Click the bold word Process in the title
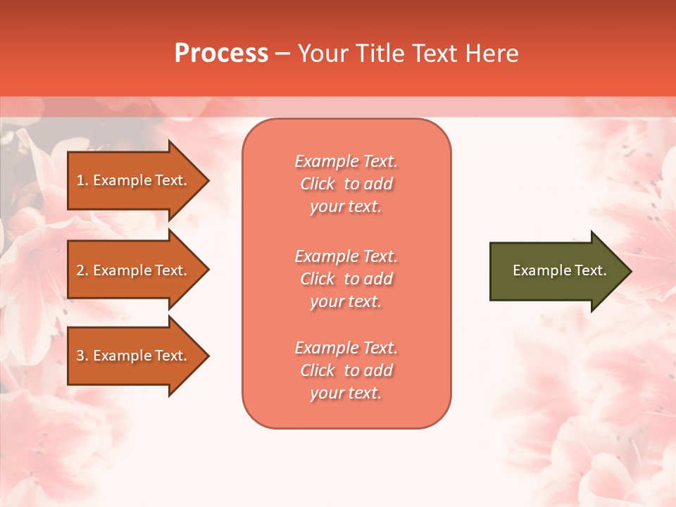tap(221, 54)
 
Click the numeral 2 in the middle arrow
tap(80, 270)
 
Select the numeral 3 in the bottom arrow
tap(80, 356)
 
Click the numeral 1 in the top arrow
tap(80, 180)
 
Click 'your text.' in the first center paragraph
tap(346, 207)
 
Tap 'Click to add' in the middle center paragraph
tap(346, 279)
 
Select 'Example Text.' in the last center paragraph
tap(346, 348)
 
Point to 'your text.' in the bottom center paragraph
tap(346, 393)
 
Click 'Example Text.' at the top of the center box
tap(346, 161)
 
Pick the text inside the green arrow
tap(559, 270)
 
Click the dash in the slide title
tap(282, 54)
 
